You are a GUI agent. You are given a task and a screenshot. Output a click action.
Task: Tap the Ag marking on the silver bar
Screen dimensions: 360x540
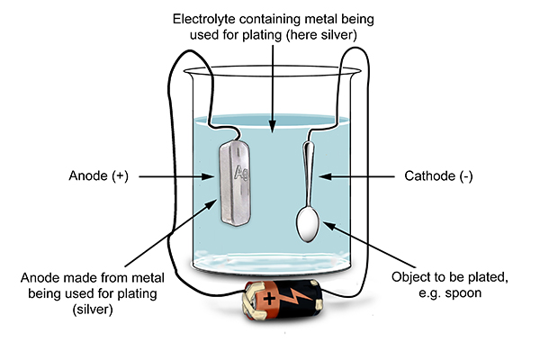[240, 172]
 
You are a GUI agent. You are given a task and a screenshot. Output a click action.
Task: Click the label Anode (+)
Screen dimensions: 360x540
[99, 177]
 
